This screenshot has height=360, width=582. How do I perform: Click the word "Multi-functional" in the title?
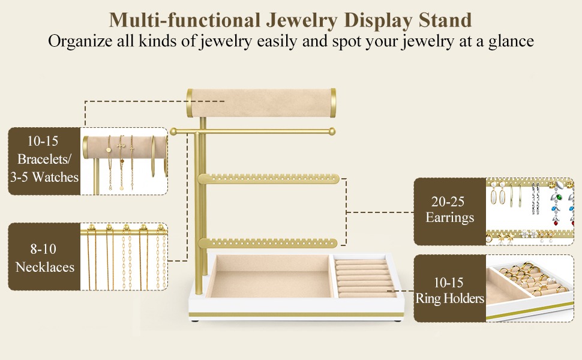[x=184, y=20]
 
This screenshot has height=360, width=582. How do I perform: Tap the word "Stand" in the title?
[x=445, y=20]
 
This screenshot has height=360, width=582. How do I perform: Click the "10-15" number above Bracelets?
[x=43, y=141]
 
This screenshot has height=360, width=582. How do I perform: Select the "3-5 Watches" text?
[x=44, y=177]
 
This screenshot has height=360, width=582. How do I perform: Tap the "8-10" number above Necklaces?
[x=43, y=248]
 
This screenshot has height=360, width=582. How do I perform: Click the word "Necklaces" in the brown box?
[x=45, y=267]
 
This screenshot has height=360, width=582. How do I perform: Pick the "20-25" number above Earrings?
[x=448, y=202]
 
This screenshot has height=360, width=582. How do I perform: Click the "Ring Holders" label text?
[x=450, y=298]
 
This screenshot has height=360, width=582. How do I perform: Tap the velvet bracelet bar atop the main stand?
[x=262, y=103]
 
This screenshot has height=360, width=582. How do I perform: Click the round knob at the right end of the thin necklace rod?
[x=332, y=131]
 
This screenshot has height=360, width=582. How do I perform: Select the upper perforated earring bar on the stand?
[x=268, y=179]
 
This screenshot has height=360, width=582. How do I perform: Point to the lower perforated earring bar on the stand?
[x=268, y=243]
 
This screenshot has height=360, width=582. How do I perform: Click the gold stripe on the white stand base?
[x=296, y=315]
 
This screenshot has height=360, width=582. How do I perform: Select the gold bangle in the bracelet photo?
[x=153, y=156]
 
